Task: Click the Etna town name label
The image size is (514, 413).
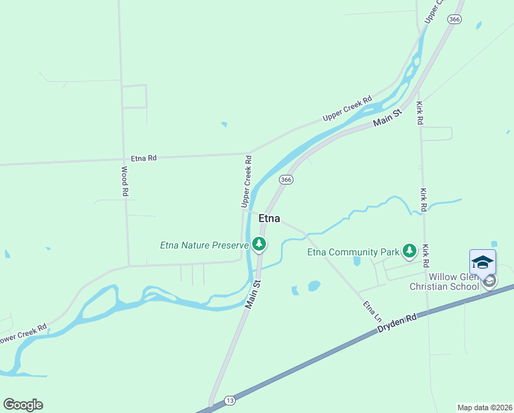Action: pyautogui.click(x=269, y=218)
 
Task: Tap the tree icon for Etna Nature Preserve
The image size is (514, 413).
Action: pyautogui.click(x=259, y=244)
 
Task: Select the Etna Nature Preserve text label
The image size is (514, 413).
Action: pyautogui.click(x=203, y=244)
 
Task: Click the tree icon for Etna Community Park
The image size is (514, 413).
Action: pyautogui.click(x=410, y=251)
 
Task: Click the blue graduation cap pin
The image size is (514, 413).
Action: pyautogui.click(x=482, y=262)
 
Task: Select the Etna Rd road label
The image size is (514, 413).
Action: pyautogui.click(x=143, y=158)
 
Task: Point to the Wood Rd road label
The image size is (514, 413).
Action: pyautogui.click(x=125, y=182)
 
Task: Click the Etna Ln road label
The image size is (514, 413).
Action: pyautogui.click(x=372, y=312)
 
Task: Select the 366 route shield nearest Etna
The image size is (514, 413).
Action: pyautogui.click(x=287, y=179)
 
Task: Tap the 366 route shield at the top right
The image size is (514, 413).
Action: pyautogui.click(x=454, y=20)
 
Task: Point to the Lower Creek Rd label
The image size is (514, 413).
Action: pyautogui.click(x=23, y=337)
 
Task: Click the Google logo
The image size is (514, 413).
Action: pyautogui.click(x=23, y=405)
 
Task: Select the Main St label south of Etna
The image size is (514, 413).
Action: pyautogui.click(x=253, y=294)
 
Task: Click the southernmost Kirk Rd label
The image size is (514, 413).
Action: pyautogui.click(x=427, y=256)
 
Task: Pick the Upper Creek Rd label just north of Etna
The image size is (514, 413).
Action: pyautogui.click(x=245, y=181)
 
